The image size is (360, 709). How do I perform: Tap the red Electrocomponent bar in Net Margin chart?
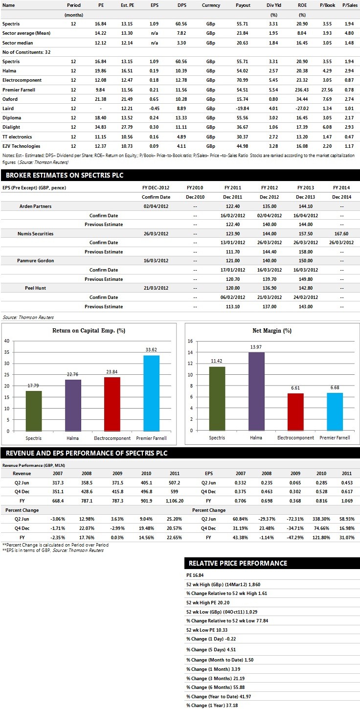pyautogui.click(x=293, y=412)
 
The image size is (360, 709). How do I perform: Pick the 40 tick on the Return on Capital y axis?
pyautogui.click(x=7, y=341)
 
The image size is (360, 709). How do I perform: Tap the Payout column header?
pyautogui.click(x=243, y=5)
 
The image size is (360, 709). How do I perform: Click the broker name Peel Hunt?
pyautogui.click(x=36, y=288)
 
